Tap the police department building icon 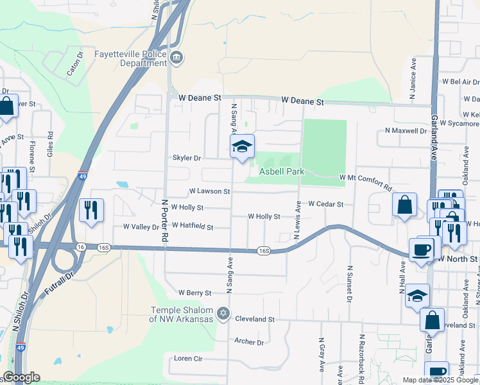tap(176, 58)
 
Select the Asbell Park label tap(281, 171)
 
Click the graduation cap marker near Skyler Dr tap(242, 147)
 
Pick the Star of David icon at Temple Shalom tap(223, 314)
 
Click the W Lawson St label tap(209, 191)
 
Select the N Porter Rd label tap(165, 219)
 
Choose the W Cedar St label tap(326, 204)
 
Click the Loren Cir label tap(188, 358)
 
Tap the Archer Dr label tap(249, 342)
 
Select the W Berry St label tap(195, 293)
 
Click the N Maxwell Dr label tap(405, 130)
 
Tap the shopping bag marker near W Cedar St tap(405, 206)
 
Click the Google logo tap(21, 377)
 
